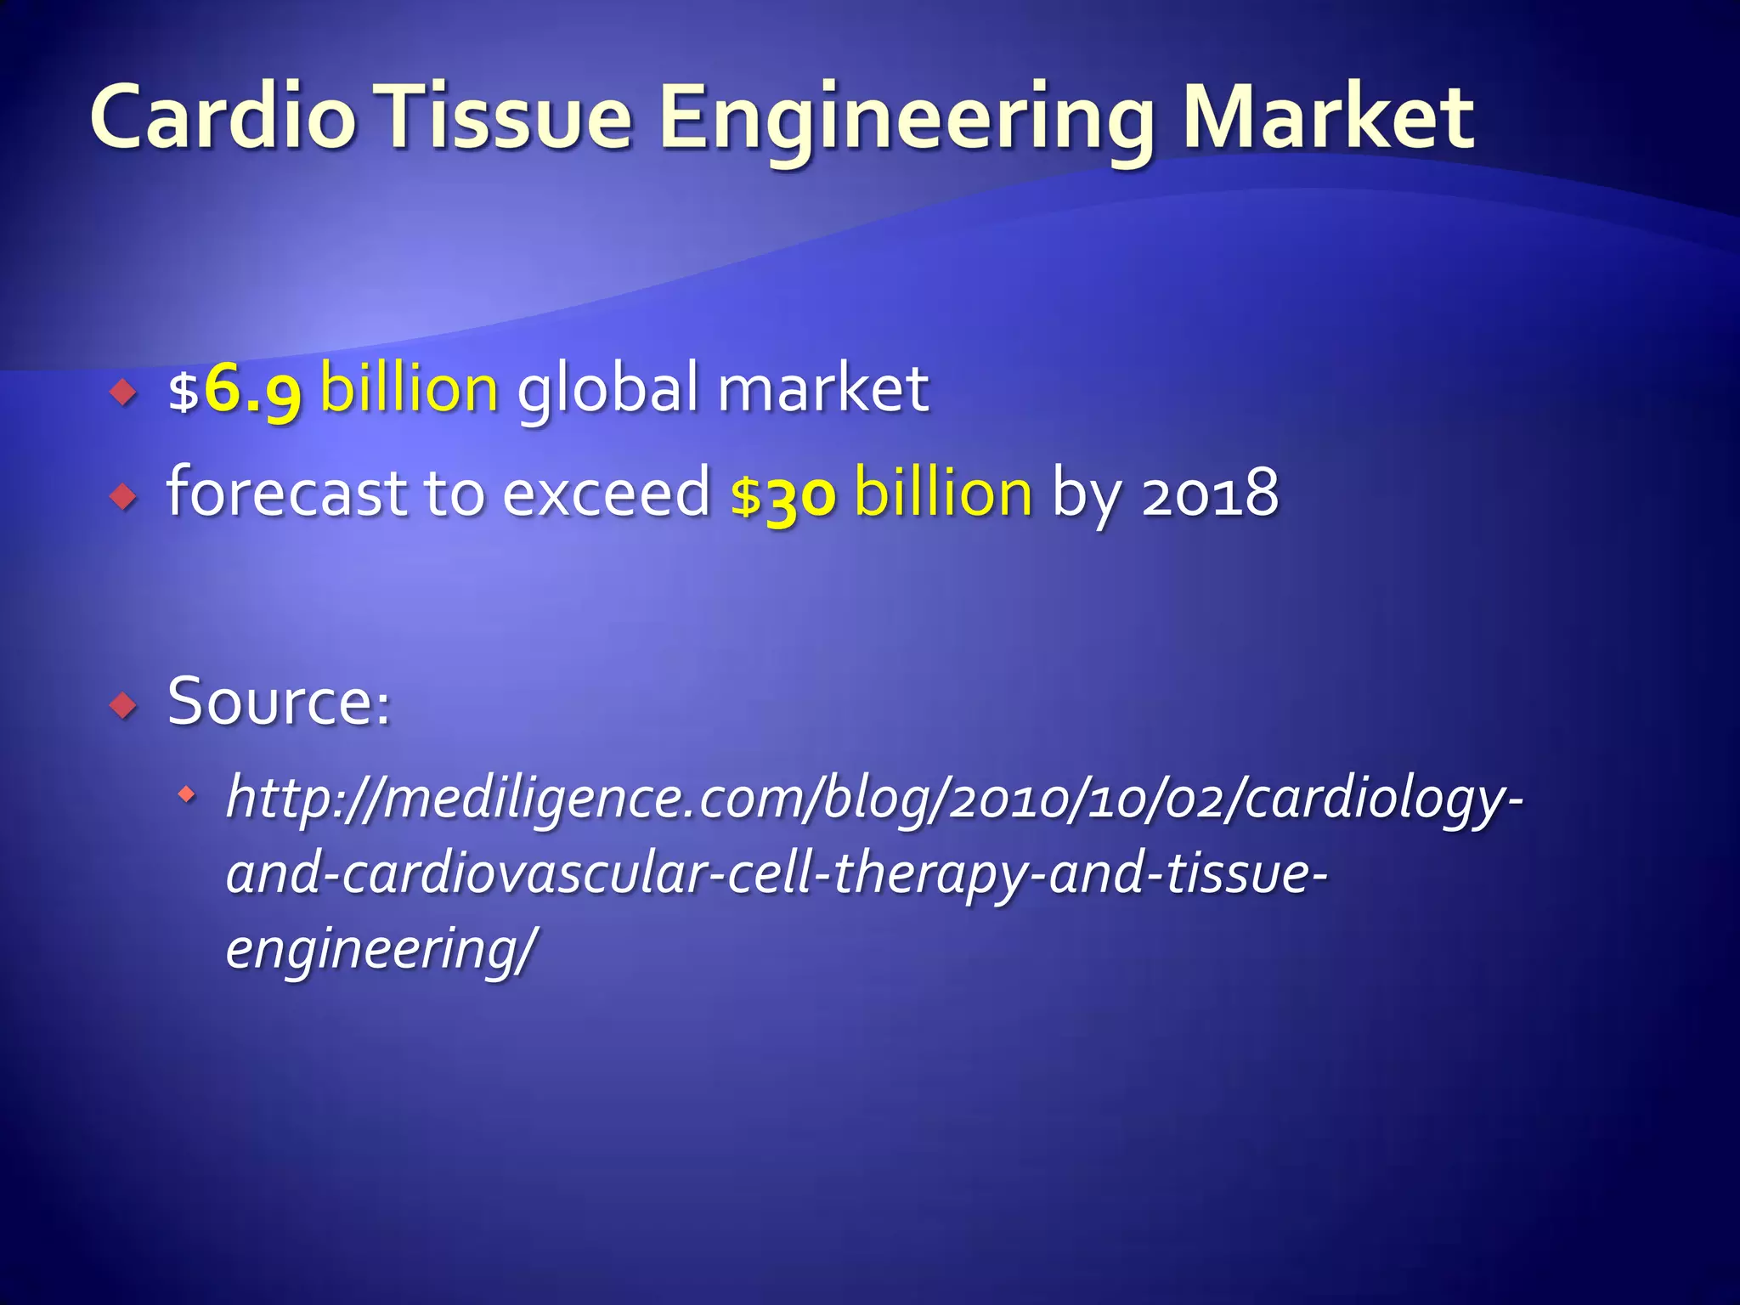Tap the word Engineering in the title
click(x=906, y=119)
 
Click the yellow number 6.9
click(x=252, y=390)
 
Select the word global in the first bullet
click(x=607, y=388)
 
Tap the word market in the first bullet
click(x=822, y=388)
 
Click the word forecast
click(x=285, y=492)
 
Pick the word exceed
click(x=607, y=492)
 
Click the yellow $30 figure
click(x=782, y=494)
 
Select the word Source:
click(x=280, y=702)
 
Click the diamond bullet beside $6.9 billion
click(x=124, y=393)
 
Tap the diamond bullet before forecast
click(x=124, y=496)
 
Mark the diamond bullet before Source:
click(x=124, y=705)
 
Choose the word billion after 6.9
click(x=410, y=388)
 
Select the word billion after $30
click(x=943, y=492)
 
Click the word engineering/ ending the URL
click(x=381, y=948)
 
